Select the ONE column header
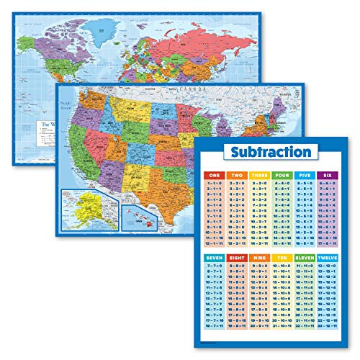(213, 175)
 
